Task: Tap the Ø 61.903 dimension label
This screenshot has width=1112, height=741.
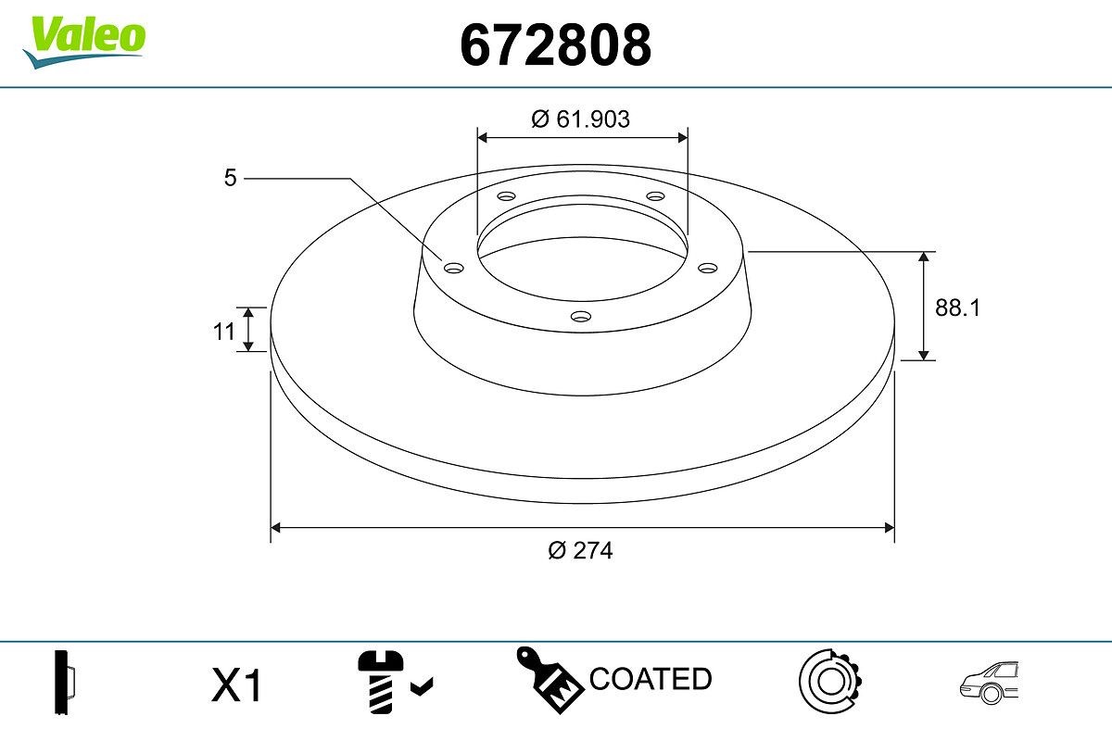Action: pyautogui.click(x=581, y=119)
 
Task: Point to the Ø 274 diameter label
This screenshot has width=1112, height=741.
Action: pyautogui.click(x=581, y=550)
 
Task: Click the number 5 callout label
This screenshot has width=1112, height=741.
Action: pyautogui.click(x=231, y=178)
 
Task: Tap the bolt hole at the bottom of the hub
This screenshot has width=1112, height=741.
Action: pyautogui.click(x=581, y=317)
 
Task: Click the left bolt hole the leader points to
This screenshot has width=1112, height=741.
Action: pyautogui.click(x=453, y=268)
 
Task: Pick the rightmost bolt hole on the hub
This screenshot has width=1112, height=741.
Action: pyautogui.click(x=708, y=268)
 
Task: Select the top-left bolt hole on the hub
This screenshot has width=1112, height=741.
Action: pyautogui.click(x=506, y=196)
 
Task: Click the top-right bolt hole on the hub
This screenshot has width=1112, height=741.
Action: pyautogui.click(x=656, y=196)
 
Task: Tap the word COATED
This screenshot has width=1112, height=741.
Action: pyautogui.click(x=651, y=679)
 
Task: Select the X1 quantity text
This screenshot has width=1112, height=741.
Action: pyautogui.click(x=238, y=686)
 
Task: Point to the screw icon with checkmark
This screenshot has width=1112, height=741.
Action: pyautogui.click(x=390, y=683)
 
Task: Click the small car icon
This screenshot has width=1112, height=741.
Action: pyautogui.click(x=989, y=682)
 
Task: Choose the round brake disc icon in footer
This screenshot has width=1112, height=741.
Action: pyautogui.click(x=830, y=682)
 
